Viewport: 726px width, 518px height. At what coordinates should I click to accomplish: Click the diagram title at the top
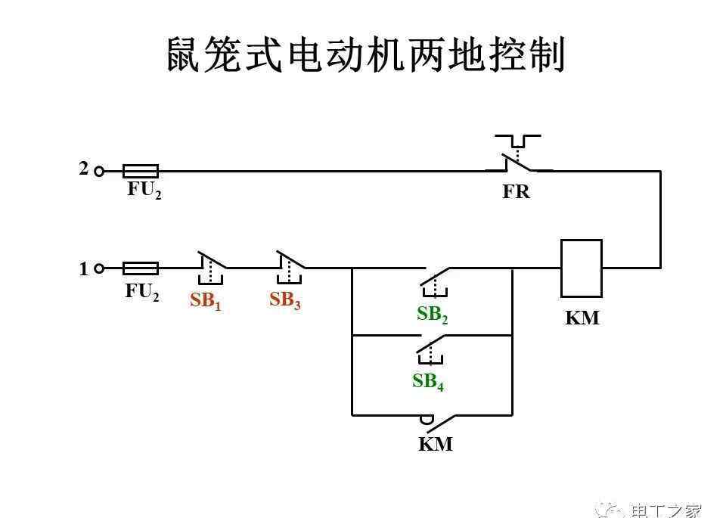[x=366, y=54]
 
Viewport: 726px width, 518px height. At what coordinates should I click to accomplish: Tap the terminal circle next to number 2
[x=99, y=171]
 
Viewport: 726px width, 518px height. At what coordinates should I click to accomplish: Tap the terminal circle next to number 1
[x=99, y=268]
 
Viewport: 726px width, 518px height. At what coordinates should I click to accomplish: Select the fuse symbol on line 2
[x=140, y=171]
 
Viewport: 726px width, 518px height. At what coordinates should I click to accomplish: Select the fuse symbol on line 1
[x=140, y=268]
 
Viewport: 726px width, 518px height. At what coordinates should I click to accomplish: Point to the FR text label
[x=517, y=192]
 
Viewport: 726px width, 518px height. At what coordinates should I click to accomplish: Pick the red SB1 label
[x=206, y=301]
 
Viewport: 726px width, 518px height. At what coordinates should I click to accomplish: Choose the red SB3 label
[x=285, y=300]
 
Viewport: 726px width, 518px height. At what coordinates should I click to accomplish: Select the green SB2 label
[x=433, y=315]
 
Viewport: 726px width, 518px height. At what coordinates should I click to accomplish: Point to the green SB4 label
[x=428, y=382]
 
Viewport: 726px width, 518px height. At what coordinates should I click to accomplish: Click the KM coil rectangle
[x=581, y=268]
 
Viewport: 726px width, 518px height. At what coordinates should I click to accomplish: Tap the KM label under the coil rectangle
[x=582, y=318]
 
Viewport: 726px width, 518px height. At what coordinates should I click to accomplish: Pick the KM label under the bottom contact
[x=436, y=444]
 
